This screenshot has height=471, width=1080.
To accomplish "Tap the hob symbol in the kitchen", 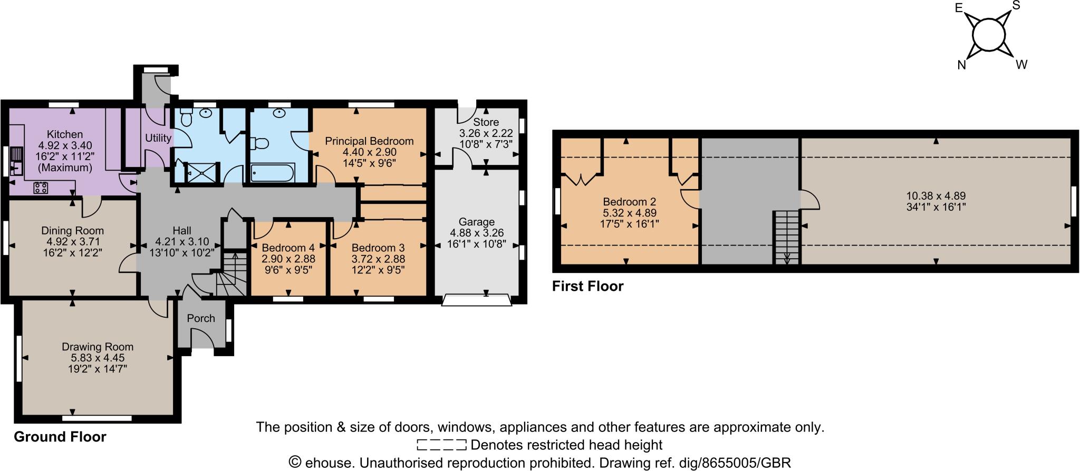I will (41, 188).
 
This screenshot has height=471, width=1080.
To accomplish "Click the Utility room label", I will (158, 138).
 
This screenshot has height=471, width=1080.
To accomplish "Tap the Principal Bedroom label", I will (369, 141).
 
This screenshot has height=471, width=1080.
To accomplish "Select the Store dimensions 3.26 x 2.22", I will (486, 133).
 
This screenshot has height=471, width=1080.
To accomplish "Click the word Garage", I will (476, 222).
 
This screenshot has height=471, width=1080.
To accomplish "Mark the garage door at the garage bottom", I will (477, 300).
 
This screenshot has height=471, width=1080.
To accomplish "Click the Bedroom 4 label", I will (288, 248).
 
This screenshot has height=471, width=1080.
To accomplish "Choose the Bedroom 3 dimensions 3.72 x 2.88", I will (378, 259).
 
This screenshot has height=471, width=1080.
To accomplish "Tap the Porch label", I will (201, 318).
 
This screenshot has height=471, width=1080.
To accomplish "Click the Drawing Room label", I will (98, 347).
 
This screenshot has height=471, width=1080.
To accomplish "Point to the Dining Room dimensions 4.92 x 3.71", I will (73, 242).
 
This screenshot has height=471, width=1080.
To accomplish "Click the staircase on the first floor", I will (786, 237).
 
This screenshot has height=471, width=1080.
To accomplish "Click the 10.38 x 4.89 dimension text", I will (936, 195).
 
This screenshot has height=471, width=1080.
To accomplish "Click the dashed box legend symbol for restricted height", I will (441, 445).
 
